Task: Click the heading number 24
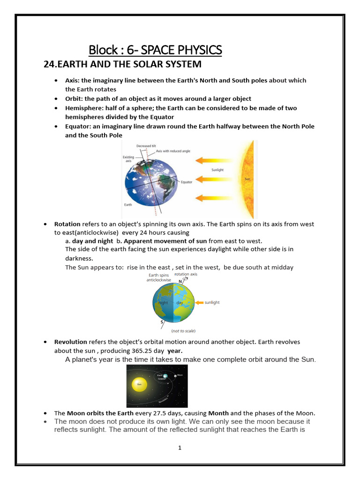(x=49, y=64)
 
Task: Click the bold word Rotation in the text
(x=67, y=224)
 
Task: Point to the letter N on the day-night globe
(x=180, y=282)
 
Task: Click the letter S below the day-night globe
(x=162, y=322)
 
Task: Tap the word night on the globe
(x=163, y=303)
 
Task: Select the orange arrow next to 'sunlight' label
(x=199, y=303)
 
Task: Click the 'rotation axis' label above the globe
(x=186, y=275)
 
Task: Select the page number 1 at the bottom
(x=180, y=448)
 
